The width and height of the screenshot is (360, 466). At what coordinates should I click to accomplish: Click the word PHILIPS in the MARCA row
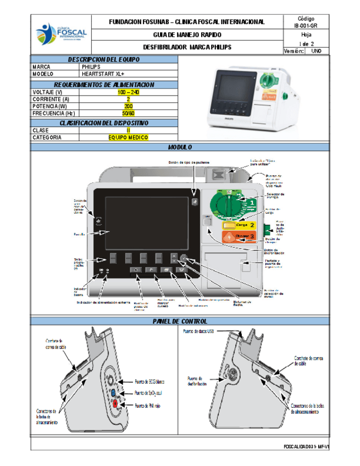(91, 66)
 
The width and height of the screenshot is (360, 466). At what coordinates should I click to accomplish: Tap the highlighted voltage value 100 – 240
(128, 92)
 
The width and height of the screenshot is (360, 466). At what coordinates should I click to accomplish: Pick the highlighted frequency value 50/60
(128, 113)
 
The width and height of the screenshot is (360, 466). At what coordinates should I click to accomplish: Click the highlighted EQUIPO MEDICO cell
(128, 138)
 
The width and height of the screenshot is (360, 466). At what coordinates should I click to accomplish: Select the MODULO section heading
(180, 147)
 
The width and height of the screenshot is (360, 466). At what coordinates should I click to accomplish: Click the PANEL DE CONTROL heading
(180, 321)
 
